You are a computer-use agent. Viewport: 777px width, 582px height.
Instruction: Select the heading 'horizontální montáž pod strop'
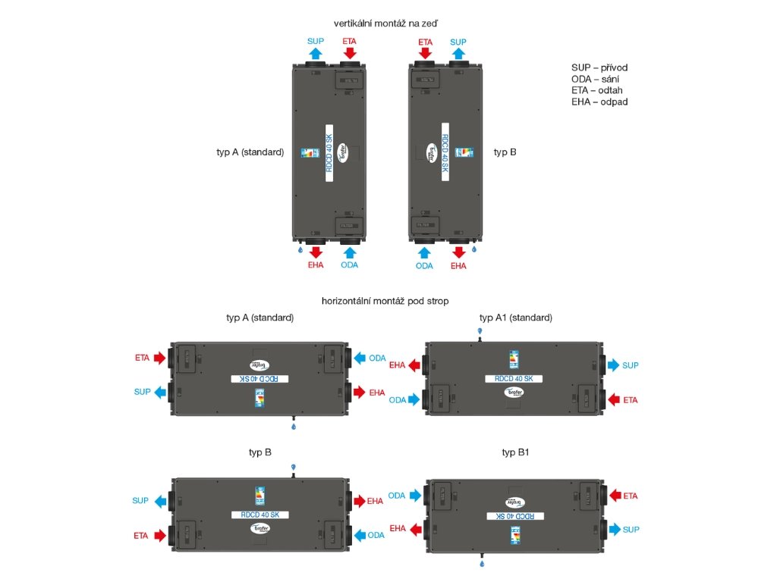pyautogui.click(x=385, y=301)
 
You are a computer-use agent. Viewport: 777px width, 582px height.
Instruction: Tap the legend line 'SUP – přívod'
pyautogui.click(x=599, y=67)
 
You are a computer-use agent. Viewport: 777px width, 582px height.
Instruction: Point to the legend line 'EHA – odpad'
pyautogui.click(x=599, y=102)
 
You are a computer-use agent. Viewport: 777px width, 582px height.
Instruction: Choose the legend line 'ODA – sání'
pyautogui.click(x=596, y=79)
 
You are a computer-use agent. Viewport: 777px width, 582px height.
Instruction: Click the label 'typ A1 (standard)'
pyautogui.click(x=516, y=317)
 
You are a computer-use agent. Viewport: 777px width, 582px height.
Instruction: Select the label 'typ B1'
pyautogui.click(x=516, y=452)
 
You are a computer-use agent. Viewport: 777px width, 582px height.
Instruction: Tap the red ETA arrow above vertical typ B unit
pyautogui.click(x=425, y=53)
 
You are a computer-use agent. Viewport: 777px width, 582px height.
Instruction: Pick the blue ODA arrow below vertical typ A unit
pyautogui.click(x=349, y=251)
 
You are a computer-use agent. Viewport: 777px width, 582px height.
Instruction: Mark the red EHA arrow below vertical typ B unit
pyautogui.click(x=458, y=251)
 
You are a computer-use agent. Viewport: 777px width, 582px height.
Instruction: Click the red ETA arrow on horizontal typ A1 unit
pyautogui.click(x=613, y=399)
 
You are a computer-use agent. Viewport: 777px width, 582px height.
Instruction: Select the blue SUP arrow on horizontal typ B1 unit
pyautogui.click(x=613, y=529)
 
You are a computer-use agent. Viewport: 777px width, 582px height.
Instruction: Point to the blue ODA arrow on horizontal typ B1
pyautogui.click(x=415, y=496)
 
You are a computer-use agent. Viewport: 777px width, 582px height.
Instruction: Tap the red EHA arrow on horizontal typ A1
pyautogui.click(x=415, y=365)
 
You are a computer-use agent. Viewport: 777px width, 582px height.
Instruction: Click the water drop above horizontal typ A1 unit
pyautogui.click(x=480, y=332)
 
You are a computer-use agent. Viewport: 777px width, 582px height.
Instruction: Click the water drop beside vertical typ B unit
pyautogui.click(x=473, y=248)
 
